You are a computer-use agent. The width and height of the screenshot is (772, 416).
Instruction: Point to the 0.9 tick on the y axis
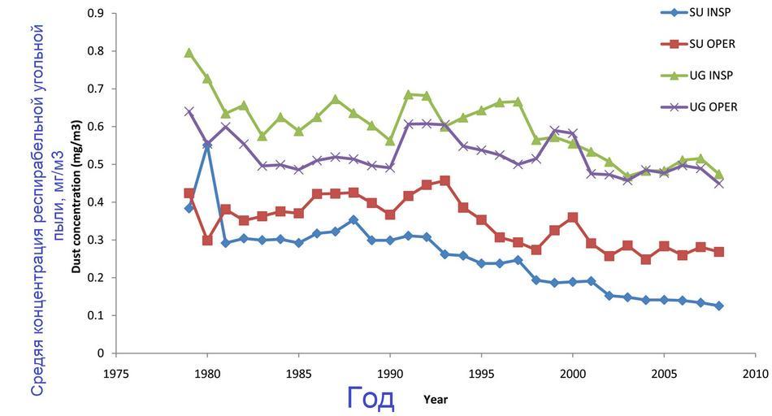click(96, 14)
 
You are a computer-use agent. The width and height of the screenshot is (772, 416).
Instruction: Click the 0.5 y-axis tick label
click(96, 164)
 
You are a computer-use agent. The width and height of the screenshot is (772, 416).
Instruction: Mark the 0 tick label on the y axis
click(101, 353)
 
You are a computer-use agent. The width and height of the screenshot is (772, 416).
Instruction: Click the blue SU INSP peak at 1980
click(207, 145)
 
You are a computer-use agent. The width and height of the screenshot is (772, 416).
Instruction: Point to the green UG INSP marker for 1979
click(189, 53)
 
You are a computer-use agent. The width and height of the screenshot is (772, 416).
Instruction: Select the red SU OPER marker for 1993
click(445, 180)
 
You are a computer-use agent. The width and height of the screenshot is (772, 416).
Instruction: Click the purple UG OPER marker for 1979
click(189, 111)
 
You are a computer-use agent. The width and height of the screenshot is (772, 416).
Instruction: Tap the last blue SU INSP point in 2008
click(718, 305)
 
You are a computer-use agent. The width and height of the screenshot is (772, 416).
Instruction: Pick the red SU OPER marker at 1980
click(207, 240)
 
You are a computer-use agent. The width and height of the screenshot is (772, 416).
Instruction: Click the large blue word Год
click(371, 397)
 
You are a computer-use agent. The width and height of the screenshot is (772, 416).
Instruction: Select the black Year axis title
click(436, 399)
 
